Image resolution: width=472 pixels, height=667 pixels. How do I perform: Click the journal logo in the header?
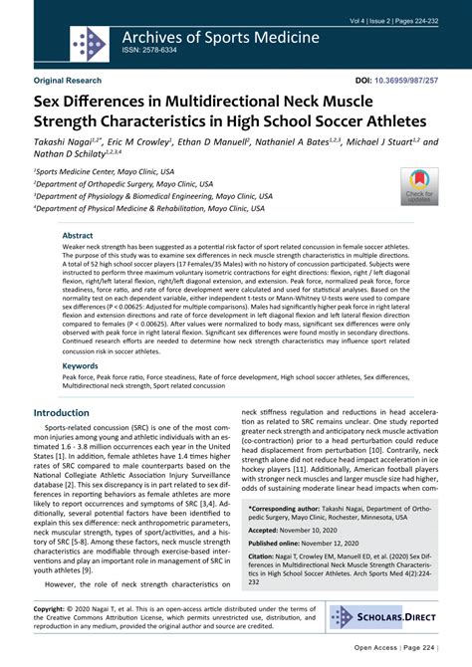(x=90, y=42)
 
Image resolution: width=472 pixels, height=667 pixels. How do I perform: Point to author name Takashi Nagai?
(x=71, y=144)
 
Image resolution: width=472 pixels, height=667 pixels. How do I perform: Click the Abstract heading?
(x=80, y=236)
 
